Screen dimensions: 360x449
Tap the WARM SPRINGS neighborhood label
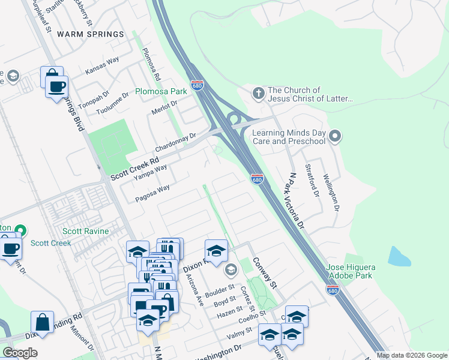[x=90, y=34]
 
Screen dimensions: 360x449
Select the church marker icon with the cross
[x=258, y=94]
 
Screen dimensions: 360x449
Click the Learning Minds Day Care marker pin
[x=336, y=137]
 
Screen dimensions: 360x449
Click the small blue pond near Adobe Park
[x=399, y=256]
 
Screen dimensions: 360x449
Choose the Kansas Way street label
[x=102, y=66]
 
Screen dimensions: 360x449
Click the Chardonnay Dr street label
[x=176, y=142]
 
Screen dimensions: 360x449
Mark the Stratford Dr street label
[x=312, y=179]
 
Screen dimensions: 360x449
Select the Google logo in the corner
[x=20, y=352]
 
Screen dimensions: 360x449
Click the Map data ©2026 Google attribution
[x=411, y=355]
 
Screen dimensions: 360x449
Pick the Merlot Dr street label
[x=165, y=107]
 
